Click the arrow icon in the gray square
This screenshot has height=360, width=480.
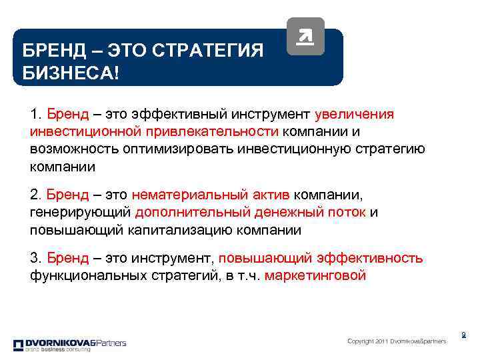click(x=305, y=37)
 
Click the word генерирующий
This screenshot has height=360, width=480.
click(x=80, y=213)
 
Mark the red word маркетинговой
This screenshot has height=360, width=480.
click(x=315, y=275)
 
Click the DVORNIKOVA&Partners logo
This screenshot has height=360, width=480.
click(x=69, y=345)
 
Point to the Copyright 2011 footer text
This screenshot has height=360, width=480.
click(x=397, y=341)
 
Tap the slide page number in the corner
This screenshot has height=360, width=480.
click(x=463, y=335)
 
